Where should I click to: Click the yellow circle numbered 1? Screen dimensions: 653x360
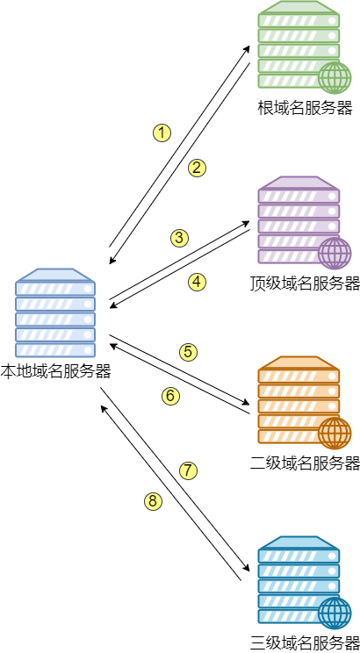tap(162, 133)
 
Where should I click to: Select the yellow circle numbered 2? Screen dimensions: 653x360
tap(197, 168)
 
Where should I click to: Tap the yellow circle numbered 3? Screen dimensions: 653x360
tap(179, 238)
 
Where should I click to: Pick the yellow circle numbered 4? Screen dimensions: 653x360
tap(197, 282)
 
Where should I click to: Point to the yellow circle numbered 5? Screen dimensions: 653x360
tap(188, 352)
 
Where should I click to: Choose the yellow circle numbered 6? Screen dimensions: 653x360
tap(170, 396)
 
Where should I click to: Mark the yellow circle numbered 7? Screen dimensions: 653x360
tap(188, 470)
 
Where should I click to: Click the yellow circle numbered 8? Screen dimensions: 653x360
tap(153, 501)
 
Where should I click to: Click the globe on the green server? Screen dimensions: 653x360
tap(335, 77)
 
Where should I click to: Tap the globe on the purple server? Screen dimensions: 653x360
tap(335, 253)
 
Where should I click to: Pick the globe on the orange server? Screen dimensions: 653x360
tap(335, 433)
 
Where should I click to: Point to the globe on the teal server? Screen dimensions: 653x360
tap(335, 613)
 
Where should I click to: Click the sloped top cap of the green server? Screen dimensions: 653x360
tap(299, 8)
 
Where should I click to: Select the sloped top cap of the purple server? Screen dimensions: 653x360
tap(299, 183)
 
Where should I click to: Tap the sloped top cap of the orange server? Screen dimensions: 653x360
tap(299, 362)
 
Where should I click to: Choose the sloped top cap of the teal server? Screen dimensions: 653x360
tap(299, 542)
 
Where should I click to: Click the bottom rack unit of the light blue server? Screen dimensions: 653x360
tap(54, 349)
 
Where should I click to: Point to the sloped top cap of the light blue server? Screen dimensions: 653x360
tap(54, 275)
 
